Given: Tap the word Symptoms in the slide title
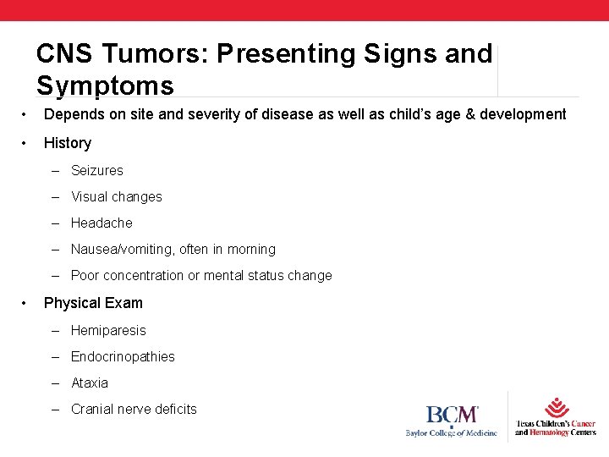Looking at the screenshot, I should coord(105,85).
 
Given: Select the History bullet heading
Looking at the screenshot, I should coord(68,143).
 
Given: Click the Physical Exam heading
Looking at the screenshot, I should coord(93,303).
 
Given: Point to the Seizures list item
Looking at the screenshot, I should coord(96,170).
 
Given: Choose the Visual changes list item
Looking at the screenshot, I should coord(116,196).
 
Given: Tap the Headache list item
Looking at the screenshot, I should coord(101,223).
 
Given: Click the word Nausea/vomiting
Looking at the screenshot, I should coord(123,250).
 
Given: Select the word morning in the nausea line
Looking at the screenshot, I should coord(250,250).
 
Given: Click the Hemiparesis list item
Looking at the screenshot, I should coord(108,330).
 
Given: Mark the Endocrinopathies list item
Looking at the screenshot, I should coord(123,356).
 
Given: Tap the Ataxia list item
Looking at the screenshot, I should coord(90,383).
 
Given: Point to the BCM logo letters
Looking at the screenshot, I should coord(452,415).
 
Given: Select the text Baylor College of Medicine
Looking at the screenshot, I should coord(451,432).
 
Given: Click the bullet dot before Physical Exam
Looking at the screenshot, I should coord(28,303).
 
